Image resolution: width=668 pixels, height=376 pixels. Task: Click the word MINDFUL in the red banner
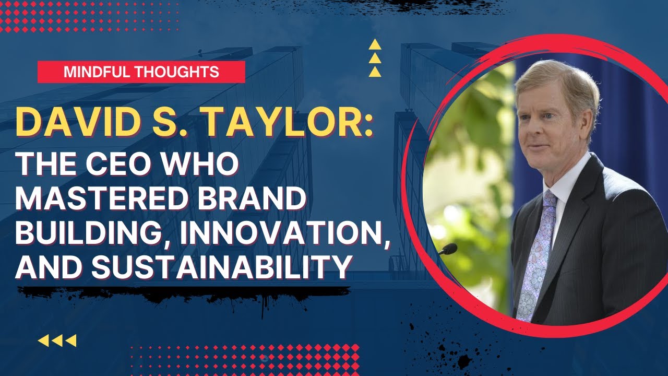point(96,72)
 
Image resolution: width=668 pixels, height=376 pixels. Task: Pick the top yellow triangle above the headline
point(375,45)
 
